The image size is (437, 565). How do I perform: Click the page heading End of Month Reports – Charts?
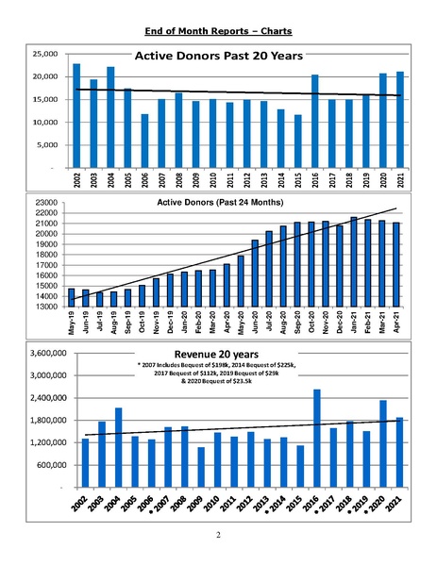tap(218, 31)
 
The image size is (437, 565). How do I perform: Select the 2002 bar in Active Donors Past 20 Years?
tap(76, 116)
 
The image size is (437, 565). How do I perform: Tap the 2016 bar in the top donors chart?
tap(315, 121)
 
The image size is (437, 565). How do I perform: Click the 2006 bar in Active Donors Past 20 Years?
tap(144, 141)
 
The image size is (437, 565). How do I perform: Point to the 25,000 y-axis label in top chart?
tap(45, 54)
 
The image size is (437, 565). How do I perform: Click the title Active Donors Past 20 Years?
tap(219, 56)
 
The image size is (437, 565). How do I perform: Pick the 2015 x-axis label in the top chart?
tap(298, 180)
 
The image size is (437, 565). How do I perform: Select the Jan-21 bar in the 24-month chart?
tap(354, 262)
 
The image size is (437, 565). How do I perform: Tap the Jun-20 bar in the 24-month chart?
tap(255, 274)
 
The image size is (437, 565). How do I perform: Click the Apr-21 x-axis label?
tap(396, 322)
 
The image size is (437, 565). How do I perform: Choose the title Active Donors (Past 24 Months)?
tap(220, 202)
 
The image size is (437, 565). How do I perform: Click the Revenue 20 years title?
tap(216, 354)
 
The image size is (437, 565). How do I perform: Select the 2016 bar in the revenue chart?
tap(317, 439)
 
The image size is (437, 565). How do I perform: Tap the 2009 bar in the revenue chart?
tap(201, 467)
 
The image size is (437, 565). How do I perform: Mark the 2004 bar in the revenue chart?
tap(118, 447)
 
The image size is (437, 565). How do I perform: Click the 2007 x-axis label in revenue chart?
tap(160, 504)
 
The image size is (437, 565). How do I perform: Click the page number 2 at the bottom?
tap(218, 535)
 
